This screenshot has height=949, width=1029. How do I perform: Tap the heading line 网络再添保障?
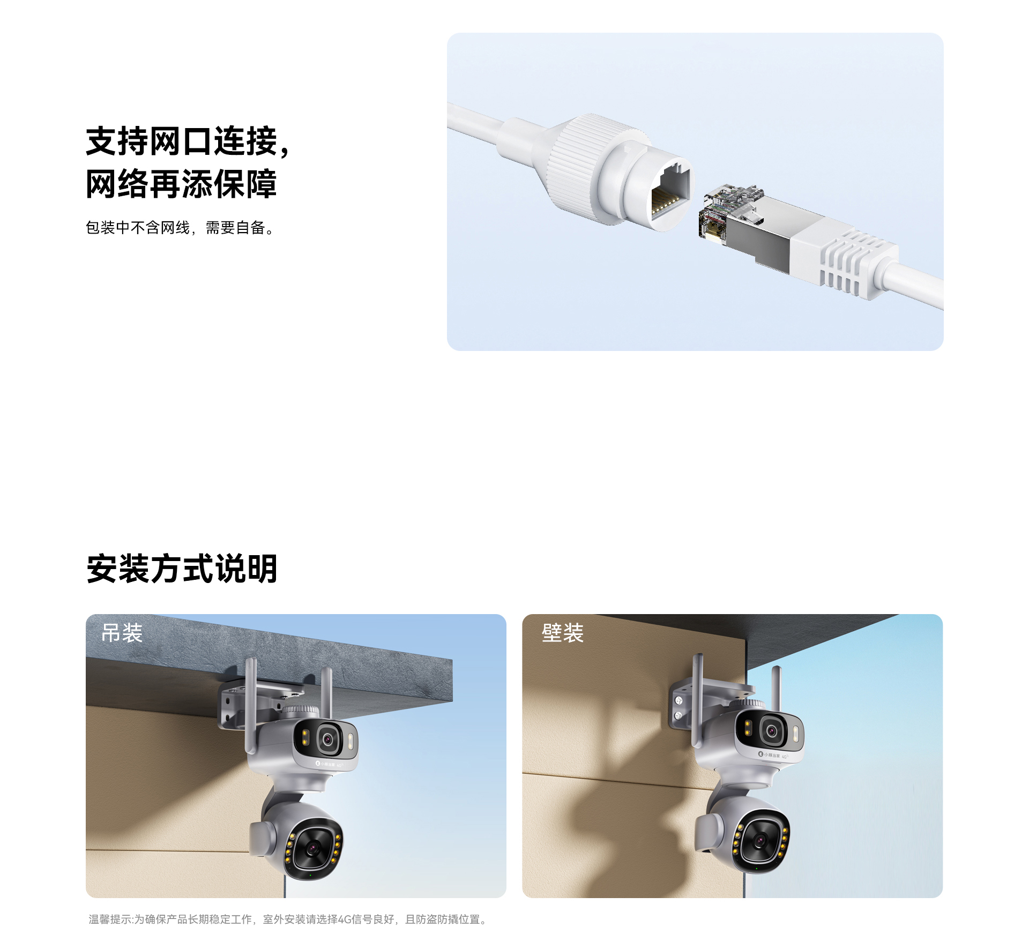coord(181,184)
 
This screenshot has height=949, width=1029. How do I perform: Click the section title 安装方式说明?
coord(182,569)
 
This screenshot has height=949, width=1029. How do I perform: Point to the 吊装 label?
coord(122,633)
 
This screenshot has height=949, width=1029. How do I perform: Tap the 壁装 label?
coord(562,633)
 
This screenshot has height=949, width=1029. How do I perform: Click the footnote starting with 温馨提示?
coord(288,920)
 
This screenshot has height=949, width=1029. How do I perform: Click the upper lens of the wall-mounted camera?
coord(772,730)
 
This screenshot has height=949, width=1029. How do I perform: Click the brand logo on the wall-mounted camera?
coord(772,755)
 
